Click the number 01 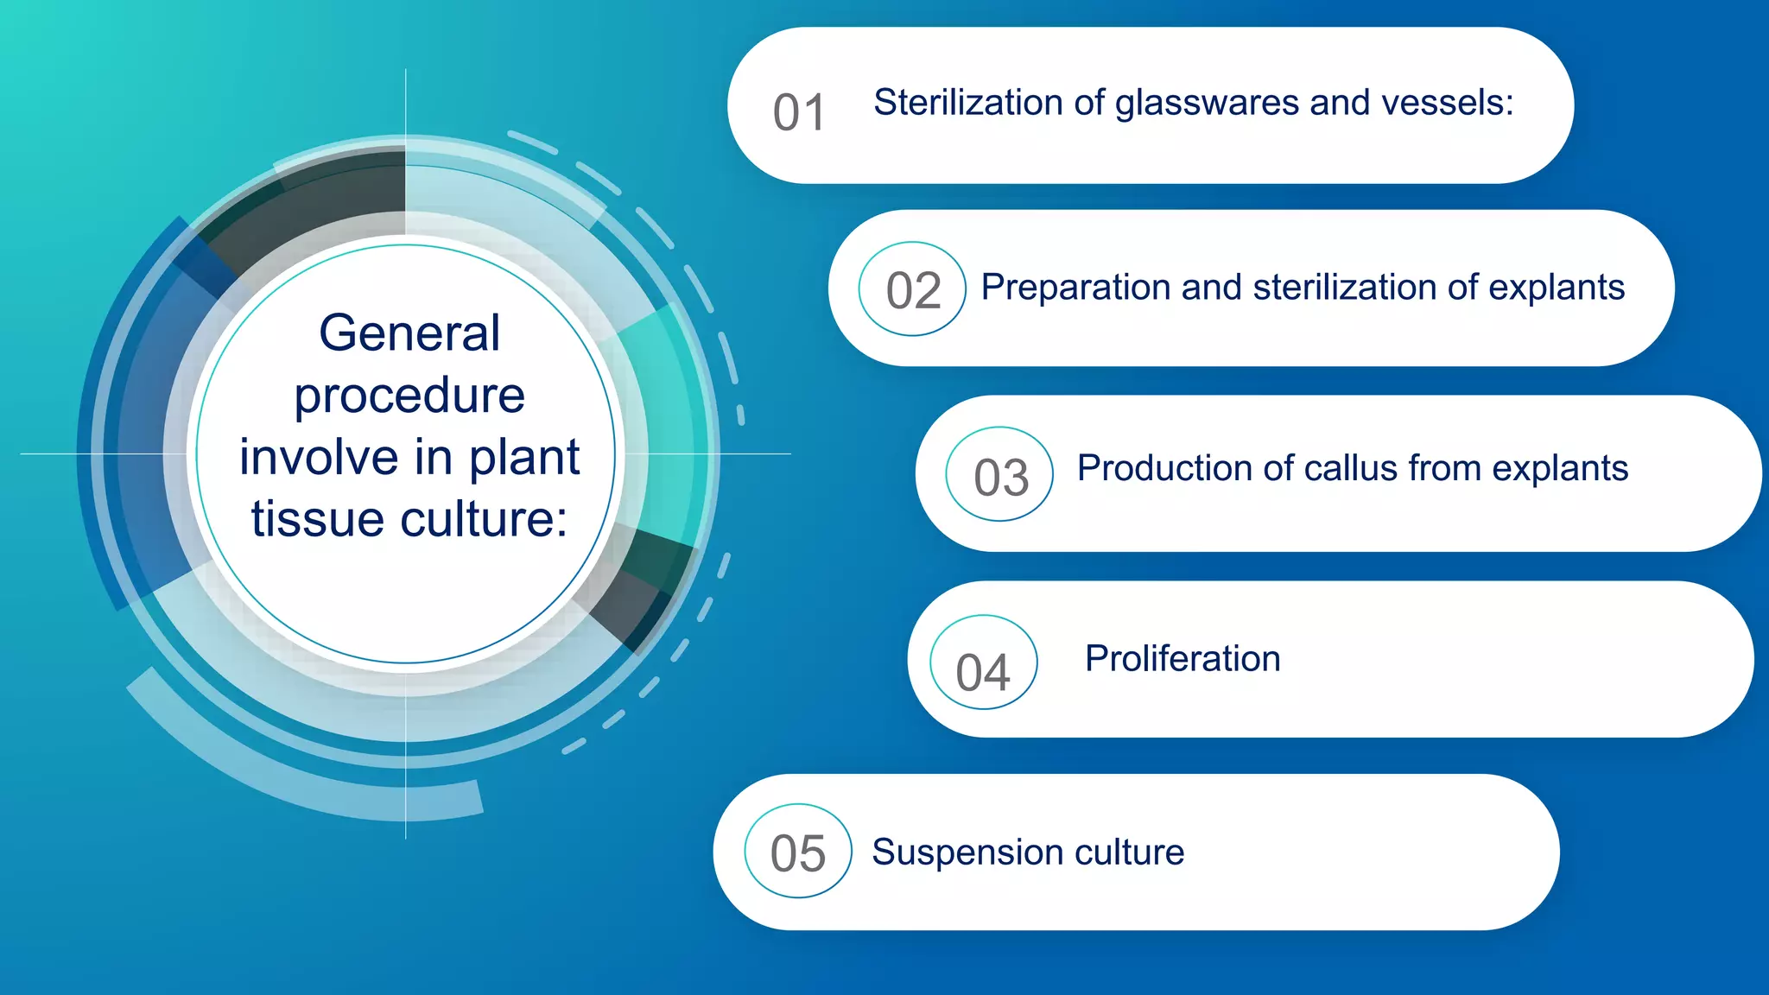click(x=799, y=113)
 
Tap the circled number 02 click(x=912, y=289)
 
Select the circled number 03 click(x=1000, y=476)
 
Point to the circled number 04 click(x=983, y=671)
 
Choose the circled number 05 click(x=797, y=852)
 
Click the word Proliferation click(x=1182, y=658)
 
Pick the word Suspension click(x=955, y=852)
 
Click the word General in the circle click(x=409, y=333)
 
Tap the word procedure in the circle click(x=409, y=396)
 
